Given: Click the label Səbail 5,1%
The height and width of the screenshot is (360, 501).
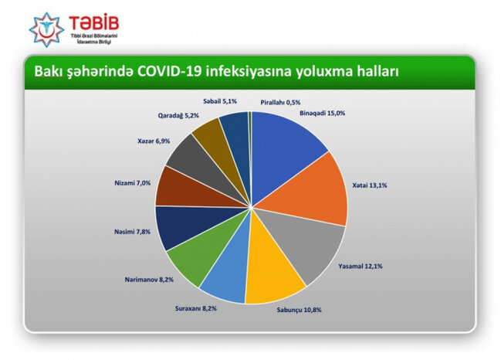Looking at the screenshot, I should [x=219, y=100].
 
